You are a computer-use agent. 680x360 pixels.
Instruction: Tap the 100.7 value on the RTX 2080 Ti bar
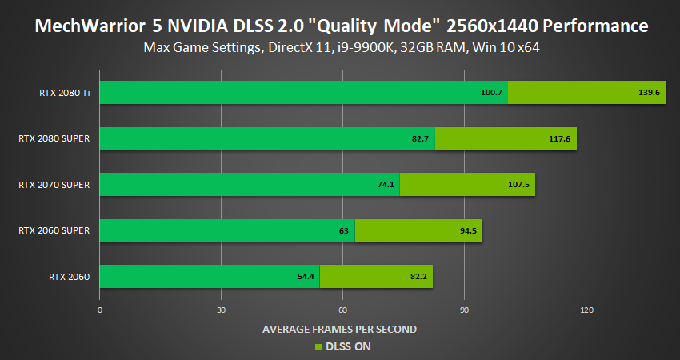(491, 93)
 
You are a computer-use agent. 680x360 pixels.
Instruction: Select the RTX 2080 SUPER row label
(54, 138)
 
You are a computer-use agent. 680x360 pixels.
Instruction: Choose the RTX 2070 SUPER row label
(54, 185)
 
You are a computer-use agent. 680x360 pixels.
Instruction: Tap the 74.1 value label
(386, 185)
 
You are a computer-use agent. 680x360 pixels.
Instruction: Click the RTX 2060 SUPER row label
(54, 230)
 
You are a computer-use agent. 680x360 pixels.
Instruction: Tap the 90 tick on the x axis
(465, 310)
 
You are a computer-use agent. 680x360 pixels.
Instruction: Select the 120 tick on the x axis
(586, 310)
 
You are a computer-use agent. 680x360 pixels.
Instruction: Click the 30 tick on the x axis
(222, 310)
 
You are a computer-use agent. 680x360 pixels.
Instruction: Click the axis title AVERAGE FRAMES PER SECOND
(340, 329)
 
